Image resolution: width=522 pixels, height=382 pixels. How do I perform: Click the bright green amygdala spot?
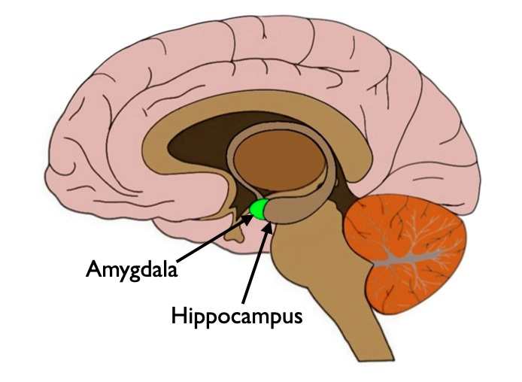260,210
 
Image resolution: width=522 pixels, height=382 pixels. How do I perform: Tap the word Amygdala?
131,269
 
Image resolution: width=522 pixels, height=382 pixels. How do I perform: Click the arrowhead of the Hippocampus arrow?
268,223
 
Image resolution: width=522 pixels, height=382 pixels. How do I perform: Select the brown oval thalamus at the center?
278,158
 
